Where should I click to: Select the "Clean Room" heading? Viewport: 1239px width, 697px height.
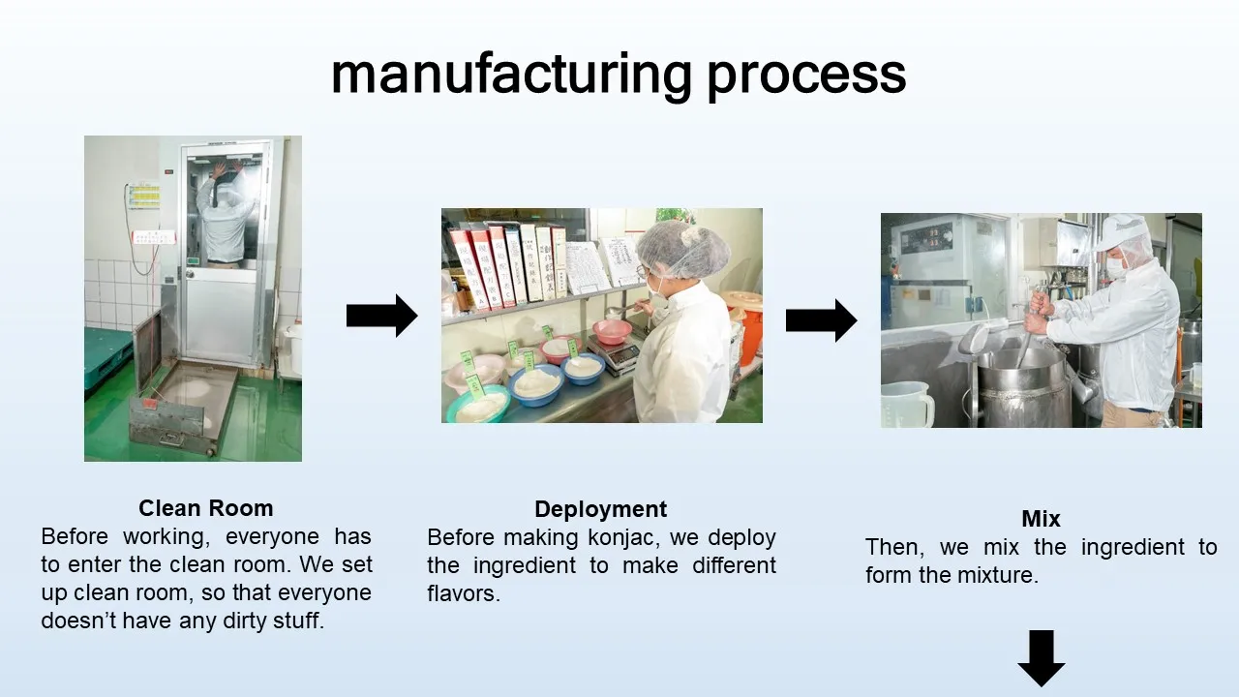click(x=205, y=508)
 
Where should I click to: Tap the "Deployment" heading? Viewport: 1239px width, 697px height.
click(x=600, y=509)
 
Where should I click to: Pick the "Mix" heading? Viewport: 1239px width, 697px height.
click(x=1041, y=518)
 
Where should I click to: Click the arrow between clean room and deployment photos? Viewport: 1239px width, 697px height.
click(x=381, y=316)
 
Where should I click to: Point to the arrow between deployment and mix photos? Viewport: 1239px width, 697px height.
click(x=821, y=320)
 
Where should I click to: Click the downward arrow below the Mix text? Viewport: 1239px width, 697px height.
click(x=1041, y=657)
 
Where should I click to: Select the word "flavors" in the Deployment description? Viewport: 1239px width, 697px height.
click(x=463, y=593)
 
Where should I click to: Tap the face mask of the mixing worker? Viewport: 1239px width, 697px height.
click(x=1116, y=266)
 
